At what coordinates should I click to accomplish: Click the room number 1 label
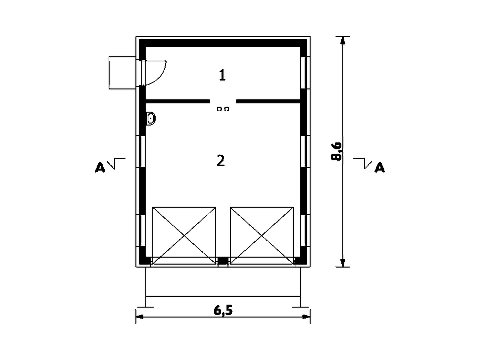point(222,75)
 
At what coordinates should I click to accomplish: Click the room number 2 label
point(220,161)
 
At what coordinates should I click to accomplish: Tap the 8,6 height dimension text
point(336,152)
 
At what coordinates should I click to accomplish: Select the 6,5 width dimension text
point(223,310)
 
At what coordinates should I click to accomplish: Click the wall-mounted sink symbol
point(151,119)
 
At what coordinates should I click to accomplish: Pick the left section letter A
point(100,168)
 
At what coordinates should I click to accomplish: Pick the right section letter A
point(379,168)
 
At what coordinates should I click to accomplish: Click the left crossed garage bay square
point(184,235)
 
